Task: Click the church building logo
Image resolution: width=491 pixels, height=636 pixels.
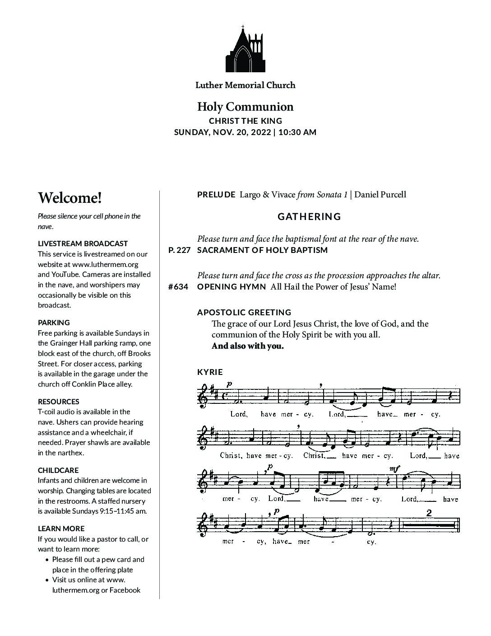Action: [x=245, y=50]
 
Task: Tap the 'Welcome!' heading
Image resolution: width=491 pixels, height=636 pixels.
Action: [x=70, y=198]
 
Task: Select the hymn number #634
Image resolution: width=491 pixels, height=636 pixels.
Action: [x=178, y=287]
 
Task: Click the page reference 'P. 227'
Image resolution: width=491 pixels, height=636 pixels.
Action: [x=179, y=250]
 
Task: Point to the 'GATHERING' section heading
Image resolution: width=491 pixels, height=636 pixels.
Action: [x=309, y=217]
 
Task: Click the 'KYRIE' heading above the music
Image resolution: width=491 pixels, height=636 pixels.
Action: [x=210, y=372]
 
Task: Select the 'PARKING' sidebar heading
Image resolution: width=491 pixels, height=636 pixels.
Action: [x=54, y=323]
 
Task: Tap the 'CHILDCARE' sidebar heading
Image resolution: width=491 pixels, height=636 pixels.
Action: [x=58, y=470]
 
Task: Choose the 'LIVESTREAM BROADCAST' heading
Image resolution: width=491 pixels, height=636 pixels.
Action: [x=83, y=243]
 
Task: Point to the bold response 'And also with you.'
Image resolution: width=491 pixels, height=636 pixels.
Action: [x=248, y=346]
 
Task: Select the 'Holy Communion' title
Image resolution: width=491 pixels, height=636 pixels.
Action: [x=245, y=107]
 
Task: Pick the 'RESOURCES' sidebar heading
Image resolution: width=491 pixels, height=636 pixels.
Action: [x=59, y=402]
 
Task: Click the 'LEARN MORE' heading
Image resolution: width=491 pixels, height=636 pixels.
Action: [x=61, y=528]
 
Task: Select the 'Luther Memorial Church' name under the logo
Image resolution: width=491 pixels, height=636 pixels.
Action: [x=245, y=85]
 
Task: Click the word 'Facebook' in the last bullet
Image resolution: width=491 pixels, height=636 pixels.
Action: [x=125, y=590]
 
